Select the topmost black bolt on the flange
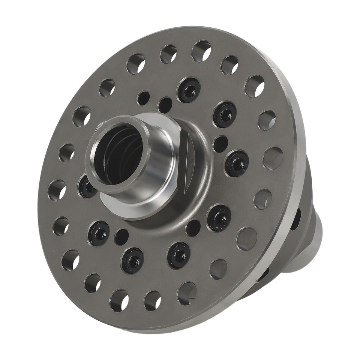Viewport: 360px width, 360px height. [x=189, y=90]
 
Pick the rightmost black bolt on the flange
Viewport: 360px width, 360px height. [x=237, y=163]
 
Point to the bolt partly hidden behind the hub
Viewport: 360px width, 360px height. [x=87, y=187]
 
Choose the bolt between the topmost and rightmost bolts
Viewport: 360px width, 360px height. [x=225, y=115]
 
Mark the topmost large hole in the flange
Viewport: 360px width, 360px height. [x=201, y=51]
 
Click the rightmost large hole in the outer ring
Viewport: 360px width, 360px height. [x=273, y=158]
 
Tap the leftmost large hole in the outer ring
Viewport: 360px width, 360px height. [x=57, y=190]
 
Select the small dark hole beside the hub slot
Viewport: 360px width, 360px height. [x=220, y=144]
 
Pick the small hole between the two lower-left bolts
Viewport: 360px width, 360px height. [x=121, y=237]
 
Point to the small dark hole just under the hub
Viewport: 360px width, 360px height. [x=193, y=228]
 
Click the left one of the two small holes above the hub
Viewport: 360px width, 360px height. [x=143, y=98]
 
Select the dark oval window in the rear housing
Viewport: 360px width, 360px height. [x=296, y=219]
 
